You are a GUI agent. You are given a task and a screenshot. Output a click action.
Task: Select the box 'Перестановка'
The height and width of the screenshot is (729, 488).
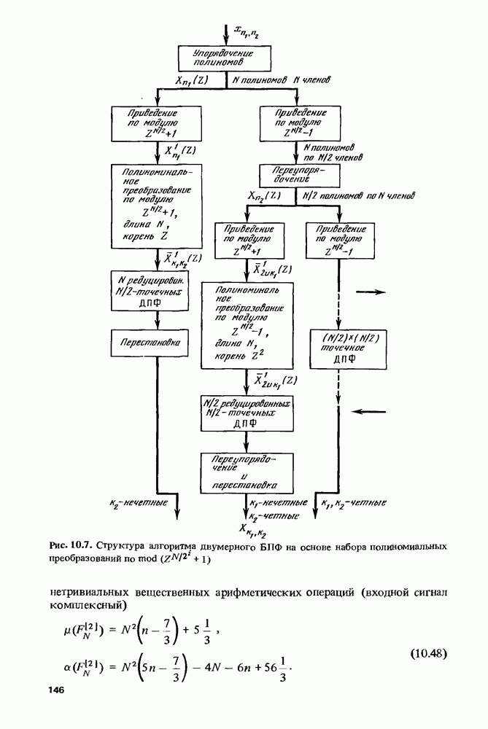point(157,340)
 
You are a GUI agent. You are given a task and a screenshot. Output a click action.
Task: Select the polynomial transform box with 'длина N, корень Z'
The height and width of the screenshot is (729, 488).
point(157,206)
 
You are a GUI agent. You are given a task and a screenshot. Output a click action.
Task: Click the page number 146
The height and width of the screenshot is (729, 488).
point(58,690)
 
